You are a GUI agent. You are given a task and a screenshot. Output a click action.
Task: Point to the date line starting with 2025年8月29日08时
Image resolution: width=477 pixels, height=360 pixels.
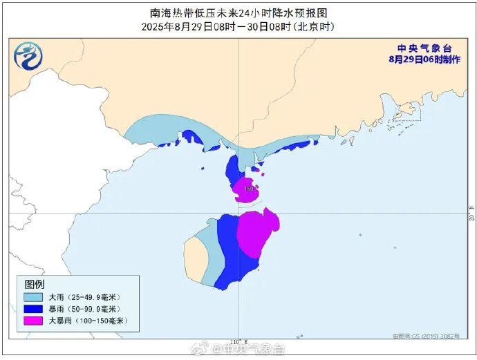pyautogui.click(x=238, y=26)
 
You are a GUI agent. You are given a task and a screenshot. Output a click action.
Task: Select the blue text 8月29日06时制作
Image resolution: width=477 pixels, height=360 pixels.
pyautogui.click(x=424, y=59)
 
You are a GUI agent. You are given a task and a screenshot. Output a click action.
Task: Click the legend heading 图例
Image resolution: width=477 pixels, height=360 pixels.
pyautogui.click(x=35, y=284)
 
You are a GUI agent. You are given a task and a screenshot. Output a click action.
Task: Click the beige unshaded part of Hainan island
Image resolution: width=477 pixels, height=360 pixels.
pyautogui.click(x=196, y=257)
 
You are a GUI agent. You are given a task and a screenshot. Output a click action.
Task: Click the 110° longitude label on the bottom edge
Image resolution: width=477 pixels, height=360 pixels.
pyautogui.click(x=237, y=342)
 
